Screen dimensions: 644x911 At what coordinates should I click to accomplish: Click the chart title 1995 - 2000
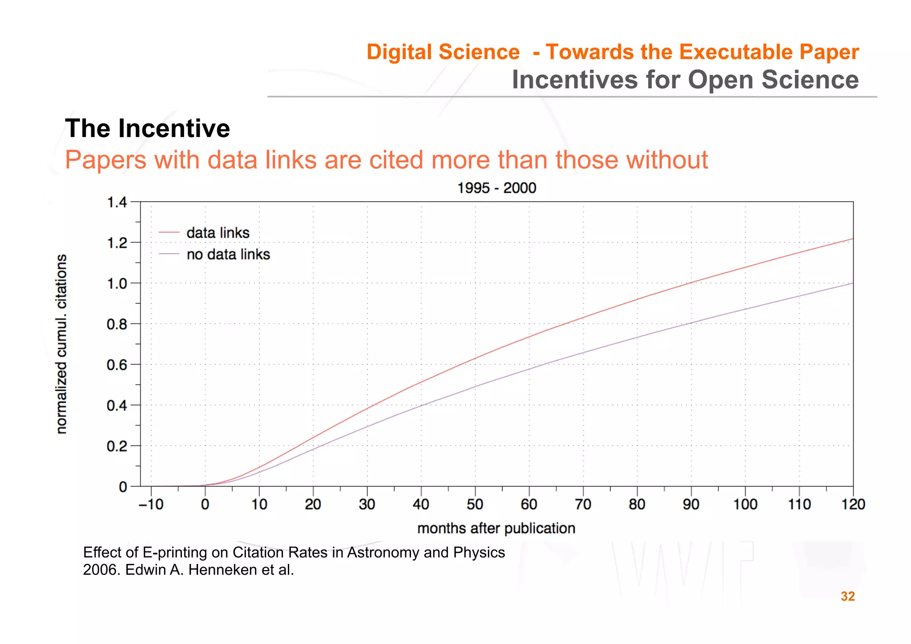point(496,188)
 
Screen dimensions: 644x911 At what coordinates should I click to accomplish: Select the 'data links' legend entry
point(218,233)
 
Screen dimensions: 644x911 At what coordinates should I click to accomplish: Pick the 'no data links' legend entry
point(228,254)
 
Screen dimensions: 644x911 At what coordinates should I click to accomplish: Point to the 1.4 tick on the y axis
point(117,203)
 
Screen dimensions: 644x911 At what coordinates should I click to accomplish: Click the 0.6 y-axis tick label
point(117,365)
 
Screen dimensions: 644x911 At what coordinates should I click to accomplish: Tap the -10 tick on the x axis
point(151,504)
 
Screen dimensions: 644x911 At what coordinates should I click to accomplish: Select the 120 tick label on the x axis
point(853,504)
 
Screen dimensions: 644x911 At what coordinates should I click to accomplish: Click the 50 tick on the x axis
point(475,504)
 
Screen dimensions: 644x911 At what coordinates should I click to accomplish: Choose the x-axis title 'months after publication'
point(496,528)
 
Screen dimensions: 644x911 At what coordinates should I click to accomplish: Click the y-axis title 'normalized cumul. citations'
point(62,344)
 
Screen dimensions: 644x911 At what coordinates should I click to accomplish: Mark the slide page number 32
point(847,596)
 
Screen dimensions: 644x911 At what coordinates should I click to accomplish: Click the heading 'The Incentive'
point(147,129)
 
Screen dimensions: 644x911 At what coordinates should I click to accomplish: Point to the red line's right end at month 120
point(852,239)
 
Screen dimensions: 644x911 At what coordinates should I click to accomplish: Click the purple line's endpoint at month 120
point(852,283)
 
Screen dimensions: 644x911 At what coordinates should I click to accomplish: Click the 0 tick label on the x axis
point(205,504)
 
